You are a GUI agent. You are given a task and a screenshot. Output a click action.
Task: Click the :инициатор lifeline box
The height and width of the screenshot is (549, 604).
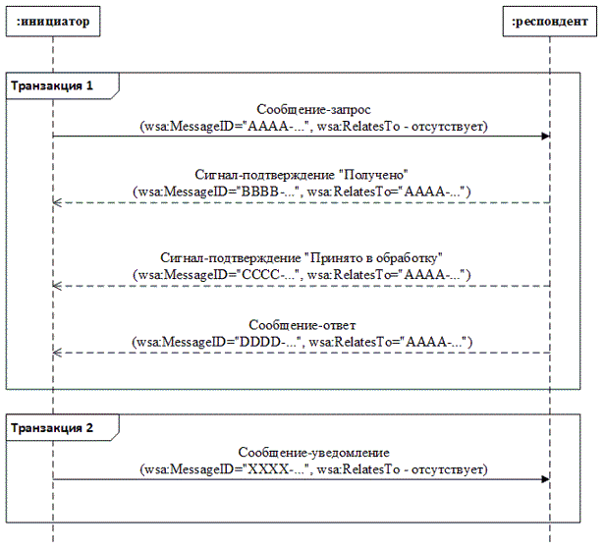point(53,22)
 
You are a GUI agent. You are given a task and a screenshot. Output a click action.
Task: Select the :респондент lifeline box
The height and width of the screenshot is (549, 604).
point(550,22)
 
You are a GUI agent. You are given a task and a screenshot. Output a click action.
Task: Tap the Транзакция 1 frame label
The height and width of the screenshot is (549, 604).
point(52,85)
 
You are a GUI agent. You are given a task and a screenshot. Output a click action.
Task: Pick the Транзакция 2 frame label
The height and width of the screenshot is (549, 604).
point(52,427)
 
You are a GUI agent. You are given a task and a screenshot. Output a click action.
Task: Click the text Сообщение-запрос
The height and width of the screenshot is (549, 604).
point(313,110)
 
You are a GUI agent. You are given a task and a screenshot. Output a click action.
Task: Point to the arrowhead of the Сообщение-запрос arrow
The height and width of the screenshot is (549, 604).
point(545,136)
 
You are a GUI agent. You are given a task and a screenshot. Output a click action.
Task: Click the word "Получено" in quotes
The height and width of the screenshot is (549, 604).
point(373,175)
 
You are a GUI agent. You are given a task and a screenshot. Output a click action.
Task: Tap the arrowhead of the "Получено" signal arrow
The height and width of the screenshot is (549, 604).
point(57,202)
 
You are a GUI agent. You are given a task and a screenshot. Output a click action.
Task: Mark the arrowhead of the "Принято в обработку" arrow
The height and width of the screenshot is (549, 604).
point(57,286)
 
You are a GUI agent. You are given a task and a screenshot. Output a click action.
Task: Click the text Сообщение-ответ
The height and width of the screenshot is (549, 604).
point(302,325)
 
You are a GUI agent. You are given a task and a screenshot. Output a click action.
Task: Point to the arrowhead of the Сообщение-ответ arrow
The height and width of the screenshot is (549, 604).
point(57,353)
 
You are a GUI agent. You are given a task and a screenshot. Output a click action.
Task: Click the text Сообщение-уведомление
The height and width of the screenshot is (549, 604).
point(313,453)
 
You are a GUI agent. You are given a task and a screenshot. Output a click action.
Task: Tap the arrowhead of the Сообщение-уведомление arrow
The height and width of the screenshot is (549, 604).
point(545,479)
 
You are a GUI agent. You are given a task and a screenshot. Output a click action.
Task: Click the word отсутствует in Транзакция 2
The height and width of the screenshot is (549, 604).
point(447,469)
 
